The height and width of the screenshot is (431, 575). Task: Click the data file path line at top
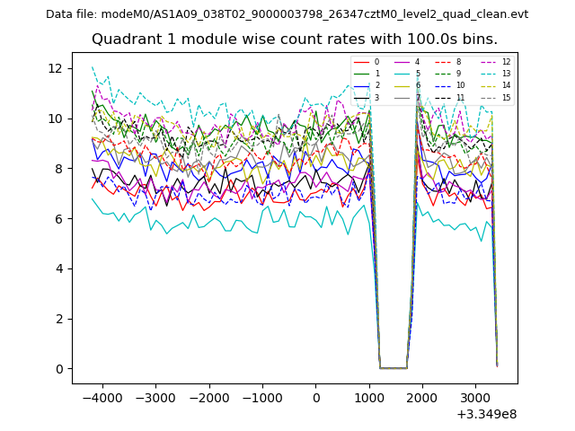click(287, 14)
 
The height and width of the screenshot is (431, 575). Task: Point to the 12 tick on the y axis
click(56, 68)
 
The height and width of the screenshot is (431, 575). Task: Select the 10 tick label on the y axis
click(56, 119)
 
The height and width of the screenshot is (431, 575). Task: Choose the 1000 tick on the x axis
click(369, 397)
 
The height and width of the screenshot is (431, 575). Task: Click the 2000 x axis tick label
click(422, 397)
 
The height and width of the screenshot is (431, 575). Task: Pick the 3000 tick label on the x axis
click(476, 397)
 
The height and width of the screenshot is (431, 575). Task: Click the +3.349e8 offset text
click(486, 414)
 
